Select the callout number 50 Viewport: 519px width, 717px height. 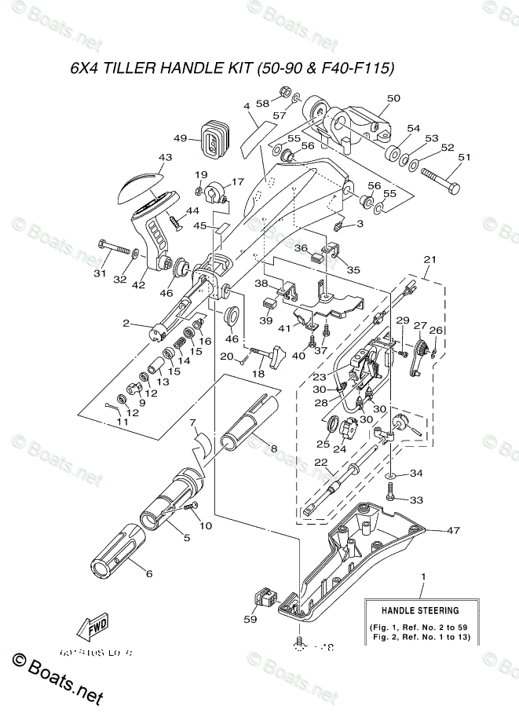pos(393,98)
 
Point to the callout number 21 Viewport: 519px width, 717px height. pos(429,258)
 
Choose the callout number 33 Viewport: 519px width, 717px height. pos(416,499)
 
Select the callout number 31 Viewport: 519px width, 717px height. pos(99,273)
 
